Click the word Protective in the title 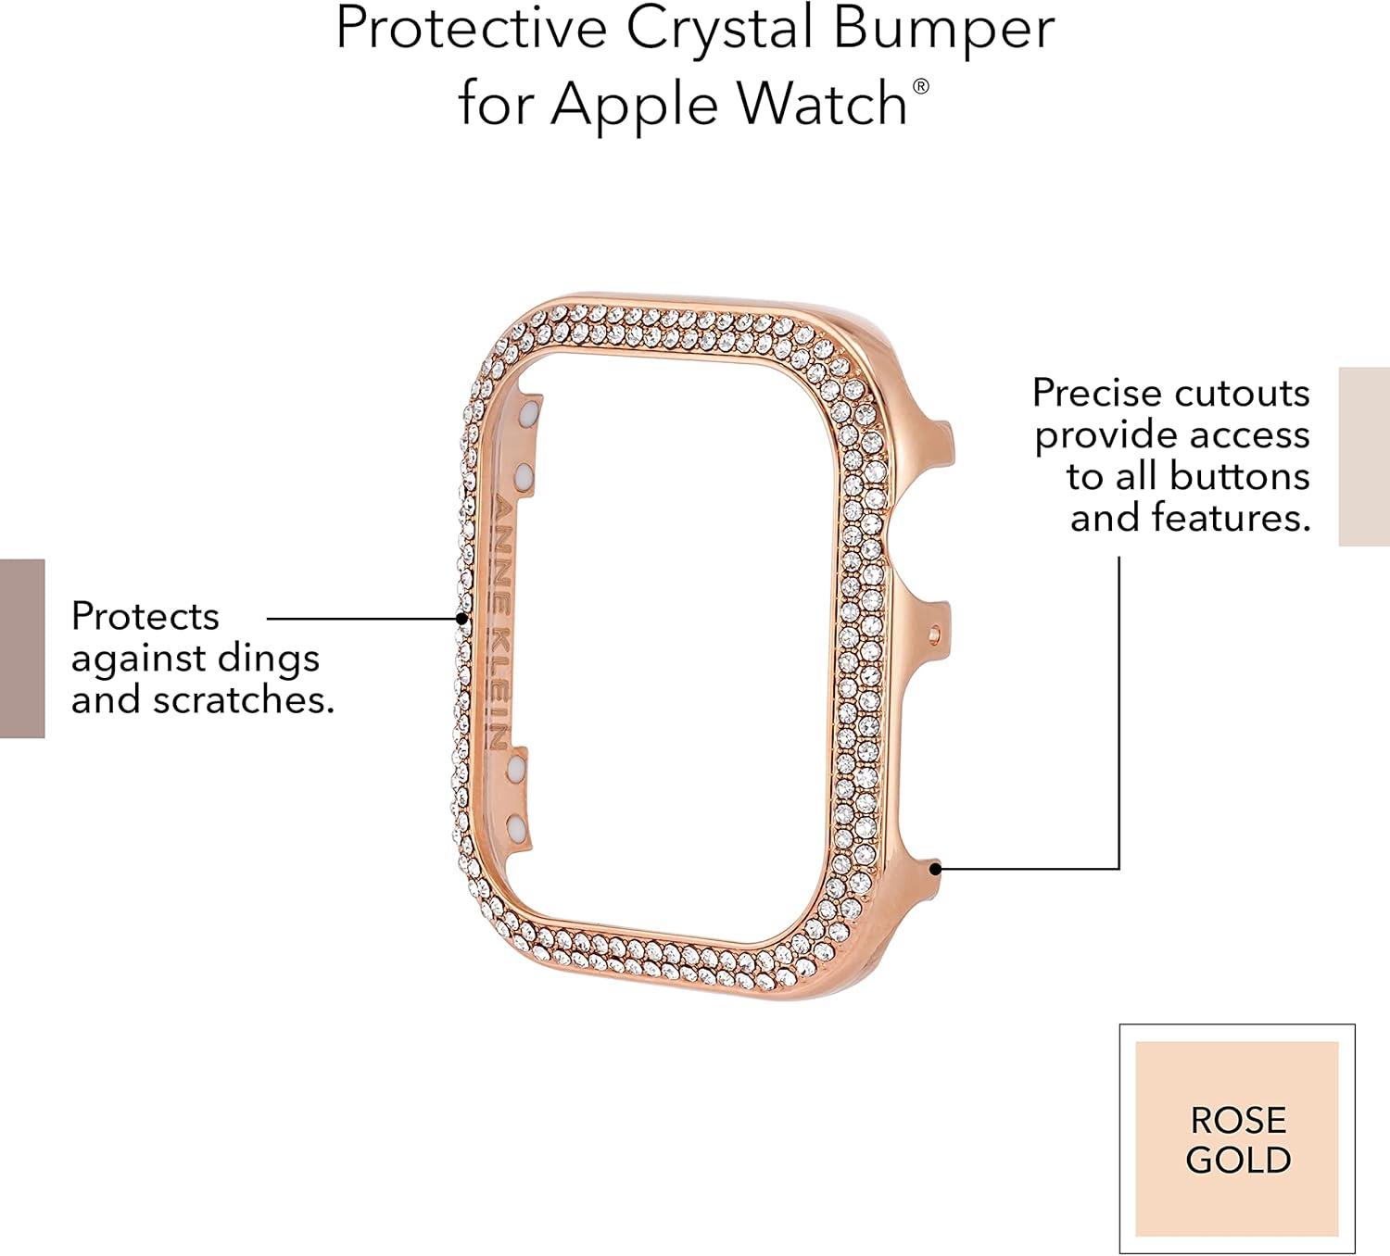tap(472, 29)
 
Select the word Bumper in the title tap(943, 32)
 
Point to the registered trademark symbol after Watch tap(920, 86)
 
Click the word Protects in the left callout tap(145, 616)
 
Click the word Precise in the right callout tap(1097, 394)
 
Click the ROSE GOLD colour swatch tap(1237, 1139)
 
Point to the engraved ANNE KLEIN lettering tap(503, 622)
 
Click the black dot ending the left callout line tap(462, 618)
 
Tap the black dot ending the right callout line tap(935, 868)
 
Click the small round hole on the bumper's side tap(934, 632)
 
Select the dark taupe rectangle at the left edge tap(22, 648)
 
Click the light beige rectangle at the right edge tap(1364, 457)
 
